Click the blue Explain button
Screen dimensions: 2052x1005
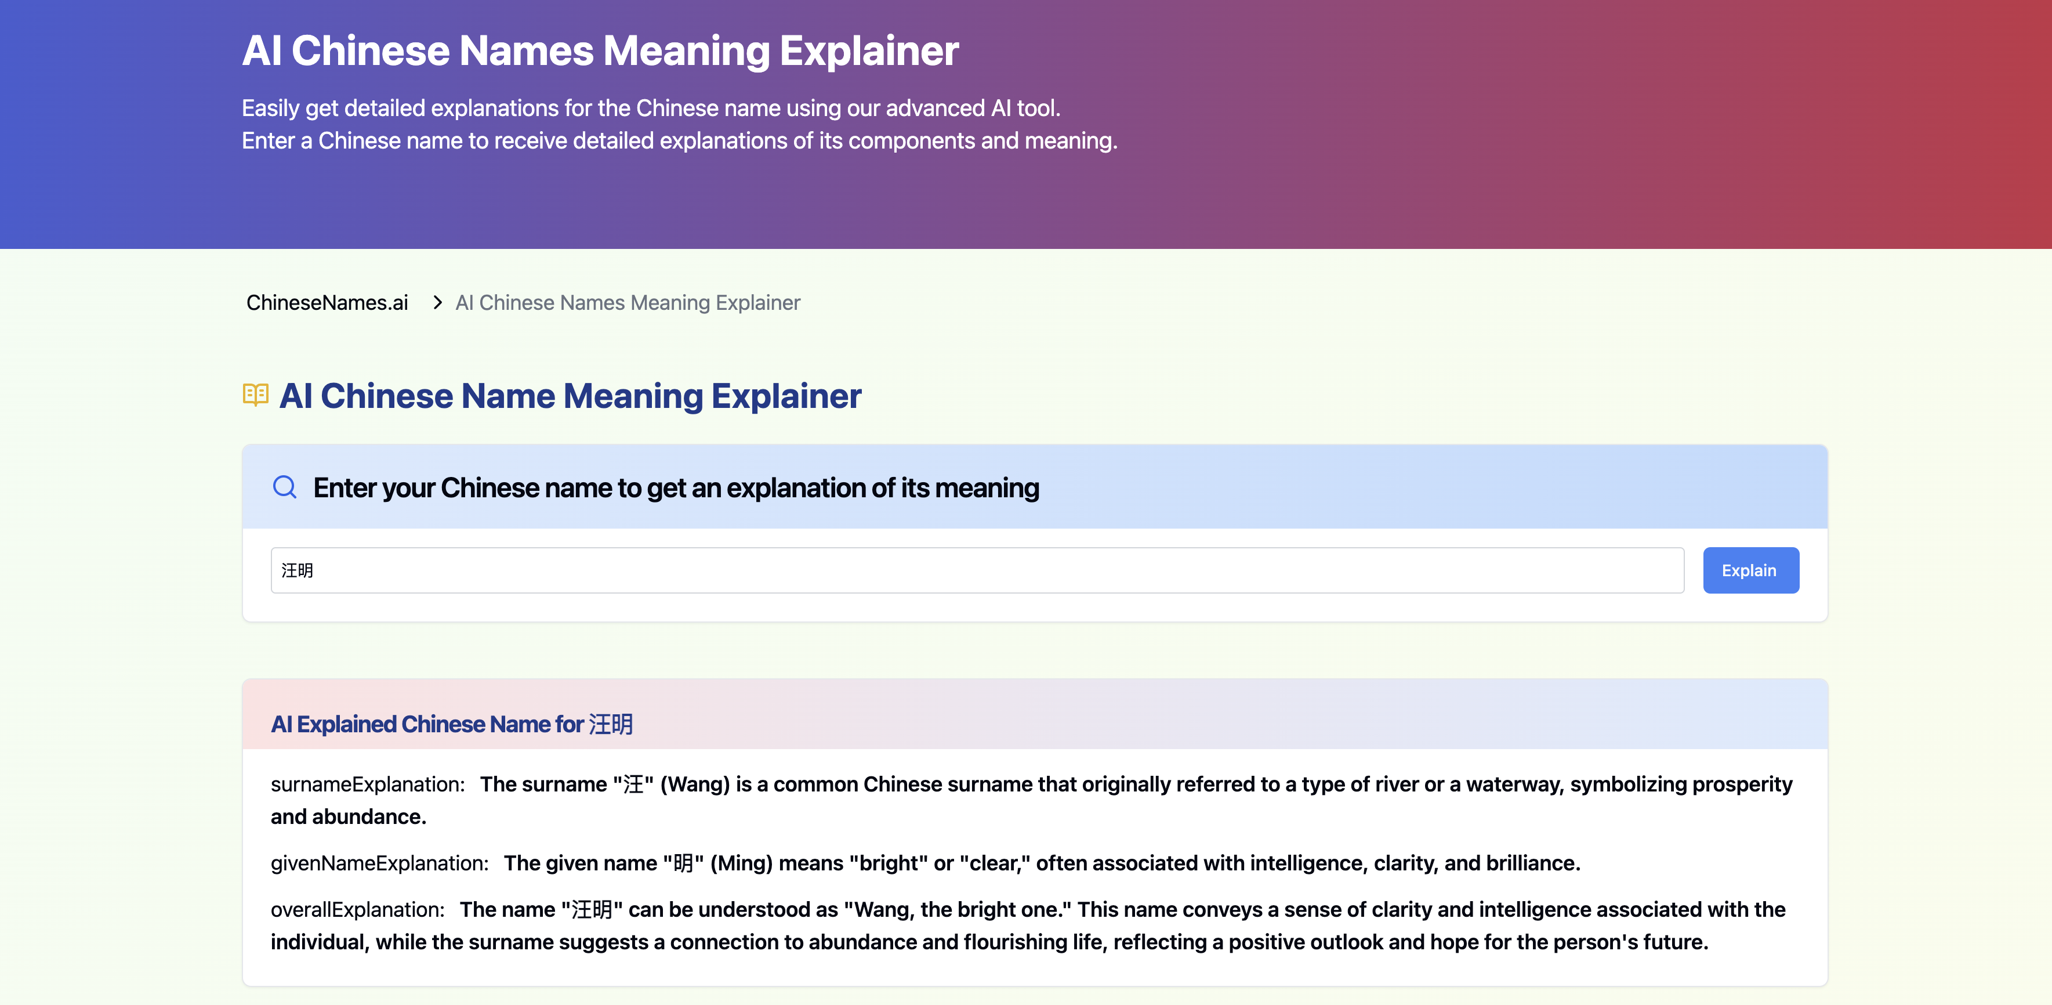pyautogui.click(x=1750, y=570)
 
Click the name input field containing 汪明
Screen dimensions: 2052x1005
pyautogui.click(x=977, y=570)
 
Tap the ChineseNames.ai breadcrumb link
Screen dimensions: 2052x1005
pyautogui.click(x=327, y=303)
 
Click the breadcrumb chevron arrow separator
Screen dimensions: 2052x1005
pyautogui.click(x=437, y=303)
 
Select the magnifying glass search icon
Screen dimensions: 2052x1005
pyautogui.click(x=284, y=487)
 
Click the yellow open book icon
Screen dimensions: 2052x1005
pyautogui.click(x=255, y=395)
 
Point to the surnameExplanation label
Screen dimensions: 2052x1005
pyautogui.click(x=367, y=785)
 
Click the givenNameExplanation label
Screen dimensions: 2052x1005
pyautogui.click(x=379, y=863)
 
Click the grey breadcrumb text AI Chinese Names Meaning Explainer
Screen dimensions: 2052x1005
pyautogui.click(x=628, y=303)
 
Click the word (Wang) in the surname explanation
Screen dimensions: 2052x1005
pyautogui.click(x=695, y=785)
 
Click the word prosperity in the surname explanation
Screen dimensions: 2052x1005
pyautogui.click(x=1742, y=785)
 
